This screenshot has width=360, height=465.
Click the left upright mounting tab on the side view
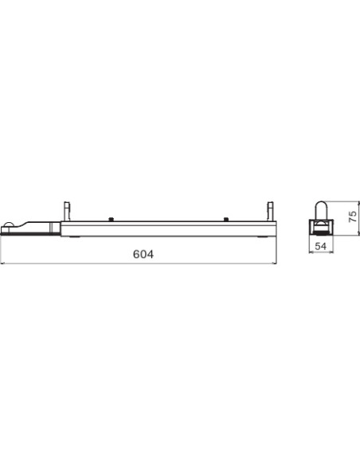click(x=67, y=210)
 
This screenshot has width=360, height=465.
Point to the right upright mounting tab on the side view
click(x=271, y=210)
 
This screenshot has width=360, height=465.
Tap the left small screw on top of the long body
click(x=112, y=220)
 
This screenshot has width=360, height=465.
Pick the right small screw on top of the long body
click(x=226, y=220)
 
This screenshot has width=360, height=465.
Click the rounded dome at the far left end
click(x=8, y=225)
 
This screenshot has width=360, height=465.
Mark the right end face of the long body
click(x=276, y=229)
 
